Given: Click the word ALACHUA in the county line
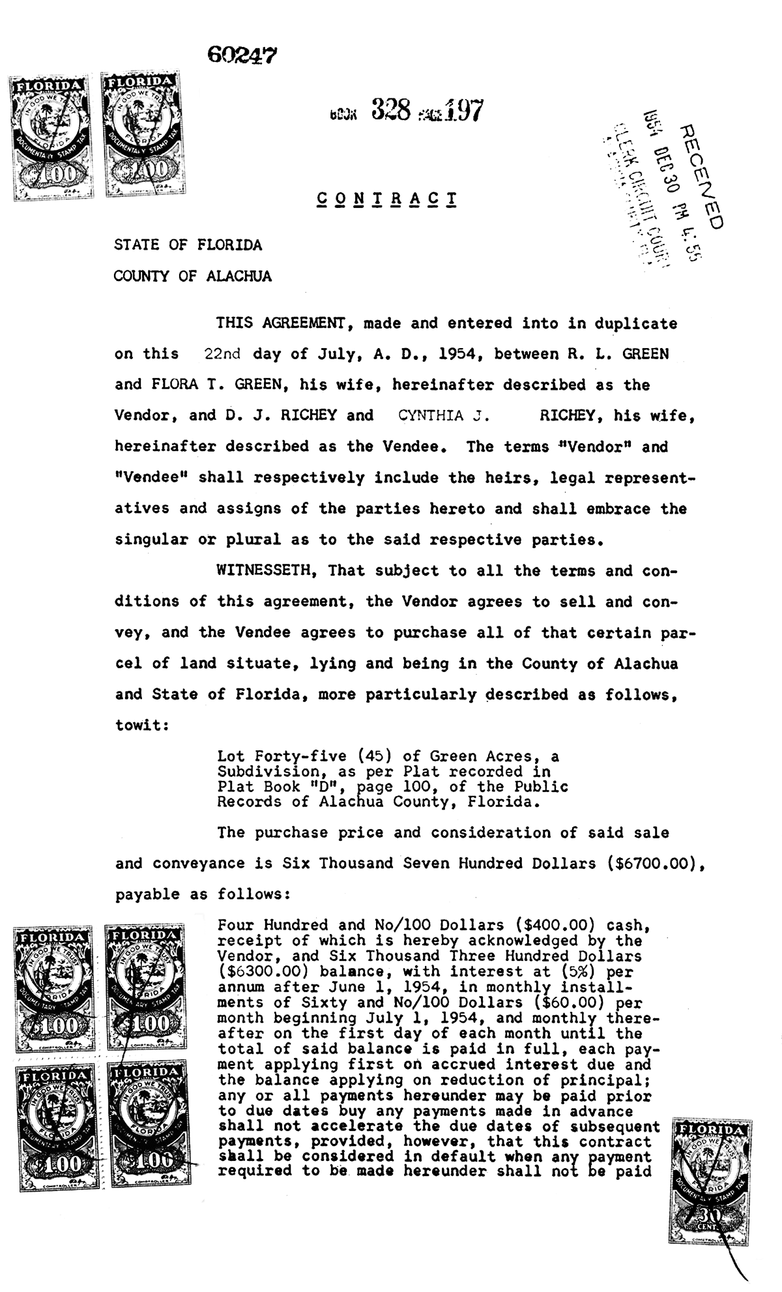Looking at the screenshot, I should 239,276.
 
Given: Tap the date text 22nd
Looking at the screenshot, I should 222,355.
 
